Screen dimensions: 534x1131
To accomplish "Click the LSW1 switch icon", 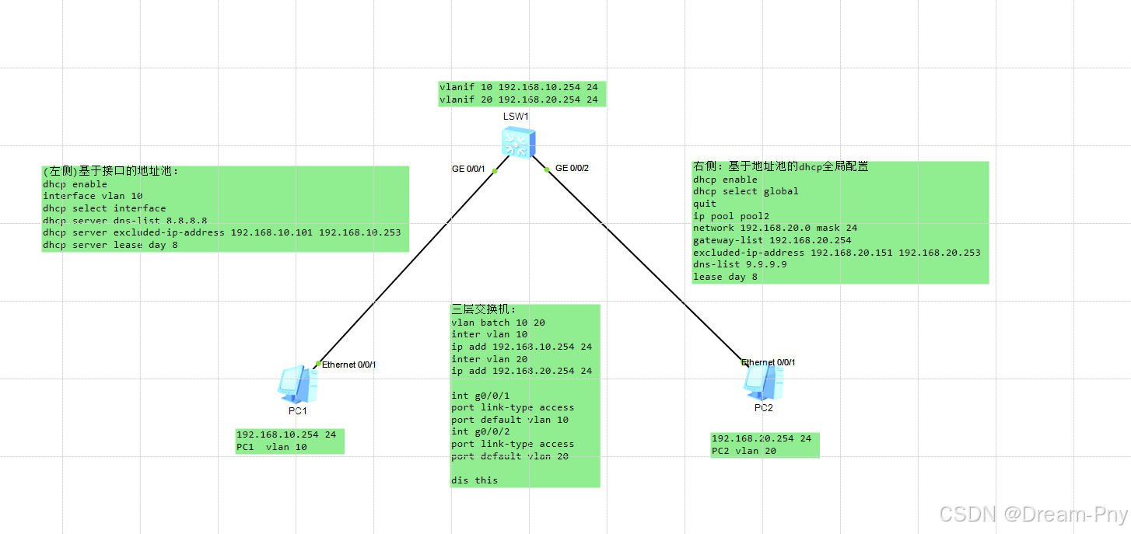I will click(517, 143).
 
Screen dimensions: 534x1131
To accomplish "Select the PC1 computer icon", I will click(297, 383).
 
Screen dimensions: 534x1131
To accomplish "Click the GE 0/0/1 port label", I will click(468, 169).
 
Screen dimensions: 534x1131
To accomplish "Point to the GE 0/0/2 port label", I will click(572, 168).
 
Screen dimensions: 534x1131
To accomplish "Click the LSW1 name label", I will click(515, 117).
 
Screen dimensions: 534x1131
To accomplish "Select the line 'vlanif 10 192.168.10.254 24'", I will click(518, 87).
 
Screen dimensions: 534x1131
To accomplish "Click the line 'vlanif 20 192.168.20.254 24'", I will click(518, 99).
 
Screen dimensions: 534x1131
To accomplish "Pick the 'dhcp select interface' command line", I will click(104, 208).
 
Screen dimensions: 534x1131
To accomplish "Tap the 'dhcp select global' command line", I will click(745, 191).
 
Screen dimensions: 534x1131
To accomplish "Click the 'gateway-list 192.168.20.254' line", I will click(772, 240).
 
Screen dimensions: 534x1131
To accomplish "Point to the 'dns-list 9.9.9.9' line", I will click(740, 264).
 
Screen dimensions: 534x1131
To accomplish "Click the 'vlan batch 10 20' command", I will click(492, 323).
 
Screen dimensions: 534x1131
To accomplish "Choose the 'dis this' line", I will click(474, 480).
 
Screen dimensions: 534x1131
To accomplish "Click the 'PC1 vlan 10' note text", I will click(271, 447).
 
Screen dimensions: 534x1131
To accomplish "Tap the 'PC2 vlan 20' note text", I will click(744, 451).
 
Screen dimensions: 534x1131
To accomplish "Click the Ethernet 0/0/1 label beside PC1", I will click(348, 365).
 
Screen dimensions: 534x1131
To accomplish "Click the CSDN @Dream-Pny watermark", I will click(1033, 515).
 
